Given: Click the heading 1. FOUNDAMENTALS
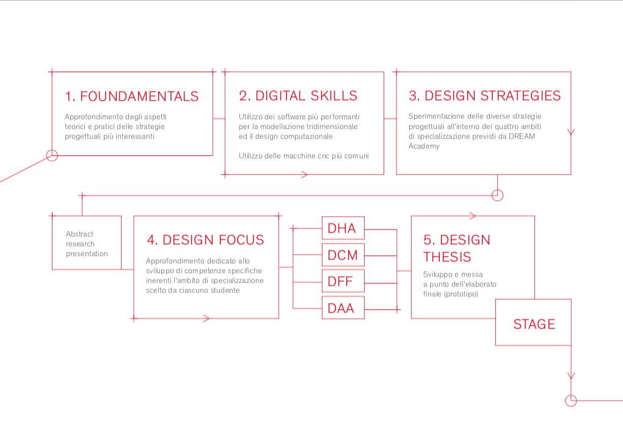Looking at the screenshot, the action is tap(131, 96).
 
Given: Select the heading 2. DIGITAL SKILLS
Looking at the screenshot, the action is tap(298, 96).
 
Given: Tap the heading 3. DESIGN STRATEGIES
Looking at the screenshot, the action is tap(485, 96).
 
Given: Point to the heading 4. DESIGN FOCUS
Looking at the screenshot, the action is tap(205, 240).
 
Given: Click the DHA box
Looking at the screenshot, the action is tap(343, 228).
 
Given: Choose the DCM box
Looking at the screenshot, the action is tap(343, 255).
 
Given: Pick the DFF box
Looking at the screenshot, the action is tap(343, 281).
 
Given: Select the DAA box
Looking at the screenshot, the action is tap(343, 308).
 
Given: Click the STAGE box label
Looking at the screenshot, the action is tap(534, 324).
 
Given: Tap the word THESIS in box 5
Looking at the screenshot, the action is tap(447, 257).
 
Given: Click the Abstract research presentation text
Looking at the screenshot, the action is tap(87, 244).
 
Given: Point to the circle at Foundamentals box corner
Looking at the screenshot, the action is tap(52, 155).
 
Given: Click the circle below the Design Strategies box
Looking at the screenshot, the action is tap(497, 195).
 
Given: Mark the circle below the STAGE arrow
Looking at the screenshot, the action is tap(571, 400).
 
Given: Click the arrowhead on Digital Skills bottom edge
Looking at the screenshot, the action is tap(304, 174).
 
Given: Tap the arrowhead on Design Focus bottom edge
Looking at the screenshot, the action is tap(206, 318).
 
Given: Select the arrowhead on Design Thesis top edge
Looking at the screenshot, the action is tap(472, 216).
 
